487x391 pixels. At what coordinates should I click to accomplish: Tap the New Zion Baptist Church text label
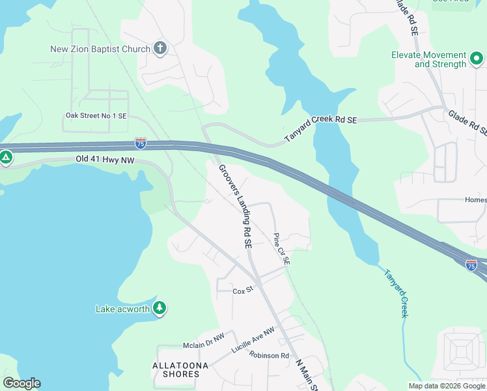(x=101, y=49)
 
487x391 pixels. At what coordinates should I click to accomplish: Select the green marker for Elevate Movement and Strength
(x=476, y=59)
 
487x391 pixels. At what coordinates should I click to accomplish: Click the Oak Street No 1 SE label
(x=96, y=115)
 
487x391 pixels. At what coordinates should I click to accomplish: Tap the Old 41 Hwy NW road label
(x=104, y=159)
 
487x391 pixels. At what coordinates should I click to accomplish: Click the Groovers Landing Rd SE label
(x=235, y=206)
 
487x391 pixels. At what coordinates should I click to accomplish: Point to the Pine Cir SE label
(x=281, y=248)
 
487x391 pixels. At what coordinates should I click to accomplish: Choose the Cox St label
(x=242, y=291)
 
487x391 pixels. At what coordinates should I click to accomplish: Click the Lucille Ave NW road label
(x=253, y=341)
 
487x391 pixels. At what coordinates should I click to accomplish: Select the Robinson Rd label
(x=268, y=356)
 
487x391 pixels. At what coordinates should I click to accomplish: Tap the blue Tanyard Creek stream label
(x=395, y=293)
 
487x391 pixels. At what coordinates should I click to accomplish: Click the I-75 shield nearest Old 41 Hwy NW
(x=141, y=143)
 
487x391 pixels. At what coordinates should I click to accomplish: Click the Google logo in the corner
(x=22, y=383)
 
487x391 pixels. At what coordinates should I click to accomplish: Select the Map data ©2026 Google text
(x=445, y=386)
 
